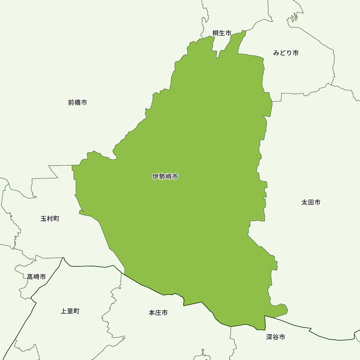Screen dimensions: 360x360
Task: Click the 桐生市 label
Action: (222, 33)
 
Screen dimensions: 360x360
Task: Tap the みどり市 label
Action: (286, 53)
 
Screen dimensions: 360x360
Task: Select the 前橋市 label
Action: (77, 103)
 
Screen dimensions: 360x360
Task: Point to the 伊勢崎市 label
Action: (165, 177)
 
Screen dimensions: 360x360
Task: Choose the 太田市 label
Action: (311, 202)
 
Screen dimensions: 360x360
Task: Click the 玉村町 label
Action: (50, 219)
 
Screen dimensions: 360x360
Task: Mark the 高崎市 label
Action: (36, 277)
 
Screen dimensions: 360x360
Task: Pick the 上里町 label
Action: (70, 311)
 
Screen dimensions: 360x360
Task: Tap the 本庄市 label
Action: (158, 313)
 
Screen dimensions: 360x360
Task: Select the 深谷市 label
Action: (276, 337)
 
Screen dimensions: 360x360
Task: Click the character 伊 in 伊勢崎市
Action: (156, 177)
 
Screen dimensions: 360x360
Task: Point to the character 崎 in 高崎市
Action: (36, 277)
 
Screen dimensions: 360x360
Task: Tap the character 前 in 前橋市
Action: (71, 103)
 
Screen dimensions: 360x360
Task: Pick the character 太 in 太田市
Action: (305, 202)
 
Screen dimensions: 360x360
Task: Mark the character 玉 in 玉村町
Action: (44, 219)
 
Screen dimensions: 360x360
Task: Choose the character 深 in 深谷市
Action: (270, 337)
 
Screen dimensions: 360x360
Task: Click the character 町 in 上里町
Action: (76, 311)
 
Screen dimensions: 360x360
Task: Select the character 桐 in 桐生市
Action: (216, 33)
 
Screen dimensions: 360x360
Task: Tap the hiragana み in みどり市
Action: (276, 53)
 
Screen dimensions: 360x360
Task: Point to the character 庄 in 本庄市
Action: (158, 313)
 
